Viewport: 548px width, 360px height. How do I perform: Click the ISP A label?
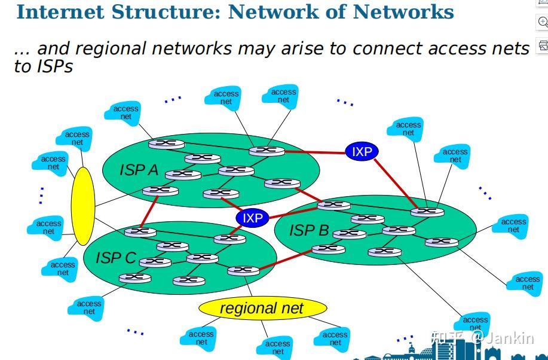(139, 170)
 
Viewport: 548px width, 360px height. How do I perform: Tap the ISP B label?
(309, 230)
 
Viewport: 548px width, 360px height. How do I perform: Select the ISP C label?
(116, 258)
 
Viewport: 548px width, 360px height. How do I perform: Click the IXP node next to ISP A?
(362, 151)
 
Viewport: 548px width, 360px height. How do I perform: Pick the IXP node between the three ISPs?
(252, 218)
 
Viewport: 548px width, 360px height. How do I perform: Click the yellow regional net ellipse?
(262, 309)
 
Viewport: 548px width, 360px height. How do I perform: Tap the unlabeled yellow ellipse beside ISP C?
(82, 206)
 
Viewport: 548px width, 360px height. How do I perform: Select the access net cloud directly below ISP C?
(89, 307)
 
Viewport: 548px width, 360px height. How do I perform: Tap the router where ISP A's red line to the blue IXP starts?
(267, 151)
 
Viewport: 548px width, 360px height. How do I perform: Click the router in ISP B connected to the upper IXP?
(427, 211)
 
